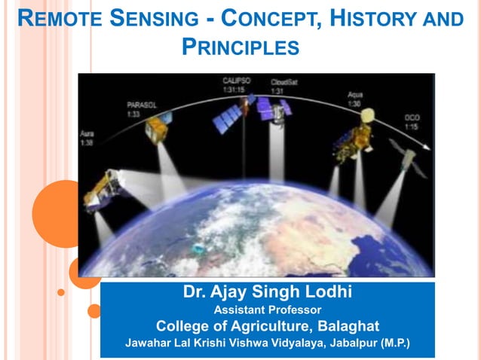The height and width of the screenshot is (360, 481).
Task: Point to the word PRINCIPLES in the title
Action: [x=241, y=48]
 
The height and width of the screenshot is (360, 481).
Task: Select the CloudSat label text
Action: [x=283, y=82]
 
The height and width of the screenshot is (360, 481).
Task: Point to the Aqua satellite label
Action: [x=355, y=96]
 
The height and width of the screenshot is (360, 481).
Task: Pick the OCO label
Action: [x=412, y=117]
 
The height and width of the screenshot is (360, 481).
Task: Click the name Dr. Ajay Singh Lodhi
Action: [x=267, y=292]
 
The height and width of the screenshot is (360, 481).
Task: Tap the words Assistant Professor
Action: [x=267, y=310]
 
